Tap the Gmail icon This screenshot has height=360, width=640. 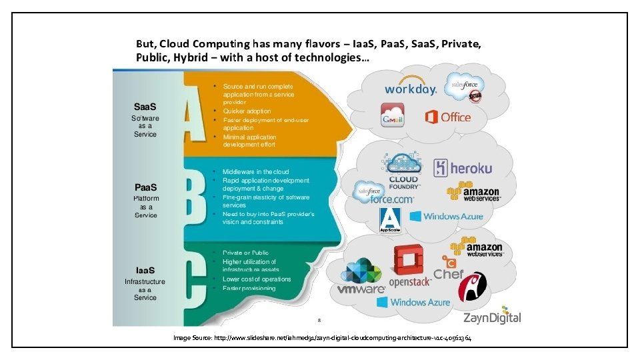click(x=392, y=115)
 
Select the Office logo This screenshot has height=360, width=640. click(x=447, y=117)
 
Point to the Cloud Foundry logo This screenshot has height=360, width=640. click(x=403, y=172)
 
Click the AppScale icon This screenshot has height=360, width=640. click(x=389, y=220)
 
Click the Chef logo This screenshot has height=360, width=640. click(x=449, y=268)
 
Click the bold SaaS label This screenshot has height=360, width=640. click(x=145, y=107)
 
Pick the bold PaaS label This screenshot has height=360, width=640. click(x=145, y=188)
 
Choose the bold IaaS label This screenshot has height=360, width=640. click(x=145, y=270)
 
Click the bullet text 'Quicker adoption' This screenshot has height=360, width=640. click(x=247, y=111)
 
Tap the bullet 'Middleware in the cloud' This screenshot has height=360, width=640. click(x=255, y=172)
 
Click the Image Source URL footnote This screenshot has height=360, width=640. click(x=323, y=339)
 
